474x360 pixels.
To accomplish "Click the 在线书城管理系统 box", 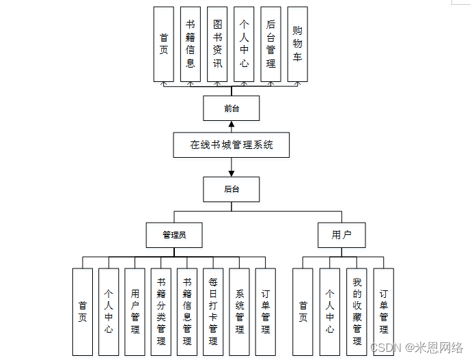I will pos(232,145).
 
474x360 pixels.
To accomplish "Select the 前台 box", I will pos(232,108).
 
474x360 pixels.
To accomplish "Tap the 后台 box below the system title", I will pos(232,189).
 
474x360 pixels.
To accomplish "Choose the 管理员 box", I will pos(174,235).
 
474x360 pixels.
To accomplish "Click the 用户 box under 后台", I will pos(341,235).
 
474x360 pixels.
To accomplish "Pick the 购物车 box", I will pos(297,44).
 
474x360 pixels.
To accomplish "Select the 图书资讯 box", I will pos(217,44).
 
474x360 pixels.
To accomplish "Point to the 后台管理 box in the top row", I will pos(270,44).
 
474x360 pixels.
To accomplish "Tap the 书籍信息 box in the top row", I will pos(191,44).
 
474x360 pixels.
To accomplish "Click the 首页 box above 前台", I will pos(164,44).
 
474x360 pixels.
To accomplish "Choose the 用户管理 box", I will pos(135,311).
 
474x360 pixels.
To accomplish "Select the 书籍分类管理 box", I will pos(161,311).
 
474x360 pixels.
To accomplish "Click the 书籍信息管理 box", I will pos(187,311).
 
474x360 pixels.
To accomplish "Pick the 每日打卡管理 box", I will pos(213,311).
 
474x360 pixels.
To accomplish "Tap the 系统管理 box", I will pos(240,311).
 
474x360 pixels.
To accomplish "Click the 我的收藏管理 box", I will pos(357,311).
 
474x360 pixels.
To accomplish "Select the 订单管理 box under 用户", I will pos(383,311).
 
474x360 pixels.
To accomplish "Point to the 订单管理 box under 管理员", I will pos(266,311).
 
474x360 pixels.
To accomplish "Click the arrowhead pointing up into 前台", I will pos(232,125).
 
